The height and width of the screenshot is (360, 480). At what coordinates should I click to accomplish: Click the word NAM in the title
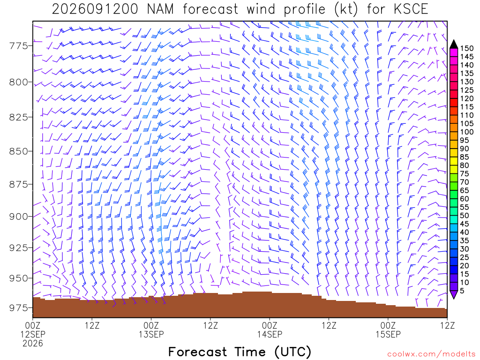click(x=160, y=9)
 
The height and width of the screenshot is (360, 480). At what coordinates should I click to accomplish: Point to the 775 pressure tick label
click(x=19, y=46)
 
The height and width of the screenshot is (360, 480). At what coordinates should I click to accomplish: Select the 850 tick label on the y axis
click(x=19, y=151)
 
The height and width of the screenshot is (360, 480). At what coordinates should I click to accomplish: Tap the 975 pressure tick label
click(x=19, y=307)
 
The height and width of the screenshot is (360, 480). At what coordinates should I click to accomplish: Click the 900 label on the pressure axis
click(x=19, y=217)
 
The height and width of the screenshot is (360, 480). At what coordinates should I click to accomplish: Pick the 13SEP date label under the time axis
click(x=151, y=334)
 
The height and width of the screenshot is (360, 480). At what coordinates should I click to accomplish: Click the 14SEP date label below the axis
click(x=270, y=334)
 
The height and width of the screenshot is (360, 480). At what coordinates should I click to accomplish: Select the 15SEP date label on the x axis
click(x=388, y=334)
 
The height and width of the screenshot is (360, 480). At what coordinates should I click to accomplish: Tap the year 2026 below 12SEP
click(x=33, y=344)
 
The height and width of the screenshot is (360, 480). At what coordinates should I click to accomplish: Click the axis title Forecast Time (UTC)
click(x=240, y=352)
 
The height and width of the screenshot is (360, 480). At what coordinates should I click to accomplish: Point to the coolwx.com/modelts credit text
click(x=431, y=354)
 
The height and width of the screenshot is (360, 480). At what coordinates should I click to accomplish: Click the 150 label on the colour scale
click(x=467, y=48)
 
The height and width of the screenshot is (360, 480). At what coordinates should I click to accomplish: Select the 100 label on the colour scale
click(x=467, y=132)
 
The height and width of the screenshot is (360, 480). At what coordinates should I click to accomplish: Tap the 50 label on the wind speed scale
click(x=465, y=216)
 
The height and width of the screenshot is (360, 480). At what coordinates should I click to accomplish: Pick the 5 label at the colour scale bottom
click(x=462, y=291)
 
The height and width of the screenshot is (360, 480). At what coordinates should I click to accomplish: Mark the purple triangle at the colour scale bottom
click(x=454, y=294)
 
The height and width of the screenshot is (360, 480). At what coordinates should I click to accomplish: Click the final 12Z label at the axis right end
click(x=447, y=325)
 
